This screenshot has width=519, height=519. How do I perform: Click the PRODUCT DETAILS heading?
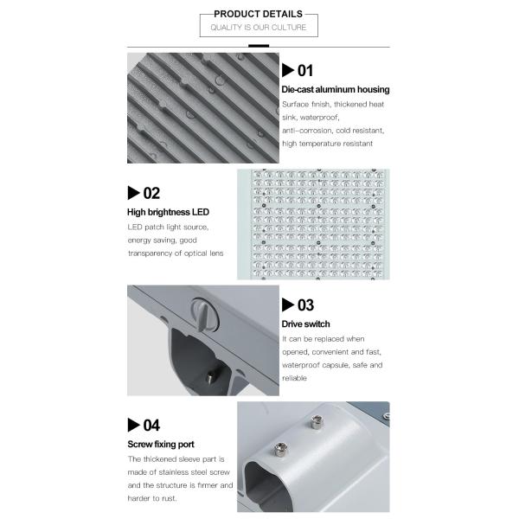tap(258, 14)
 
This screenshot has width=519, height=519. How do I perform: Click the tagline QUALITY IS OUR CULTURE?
tap(258, 29)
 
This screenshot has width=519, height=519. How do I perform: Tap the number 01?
tap(304, 71)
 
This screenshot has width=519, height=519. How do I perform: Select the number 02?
tap(151, 193)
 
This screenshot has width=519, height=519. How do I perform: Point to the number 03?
tap(304, 304)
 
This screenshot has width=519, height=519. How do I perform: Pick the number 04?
tap(151, 425)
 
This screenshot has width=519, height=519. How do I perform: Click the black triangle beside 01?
tap(288, 71)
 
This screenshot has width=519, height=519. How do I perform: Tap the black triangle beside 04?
tap(134, 425)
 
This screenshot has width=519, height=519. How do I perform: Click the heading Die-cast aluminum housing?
tap(336, 89)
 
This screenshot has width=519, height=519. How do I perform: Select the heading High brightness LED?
tap(169, 212)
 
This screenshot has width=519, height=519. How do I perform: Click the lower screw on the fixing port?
tap(280, 449)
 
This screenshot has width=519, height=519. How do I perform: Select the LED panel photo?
tap(313, 223)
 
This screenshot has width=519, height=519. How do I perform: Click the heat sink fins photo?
tap(203, 107)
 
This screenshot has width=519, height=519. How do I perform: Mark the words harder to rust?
tap(158, 499)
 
